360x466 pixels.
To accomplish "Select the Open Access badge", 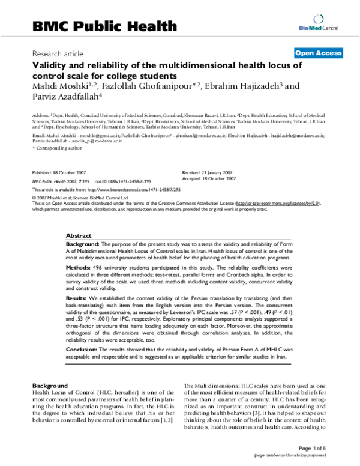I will tap(318, 53).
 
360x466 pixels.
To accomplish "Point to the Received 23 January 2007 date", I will tap(208, 172).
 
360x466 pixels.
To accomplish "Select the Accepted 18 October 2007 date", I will tap(208, 178).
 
